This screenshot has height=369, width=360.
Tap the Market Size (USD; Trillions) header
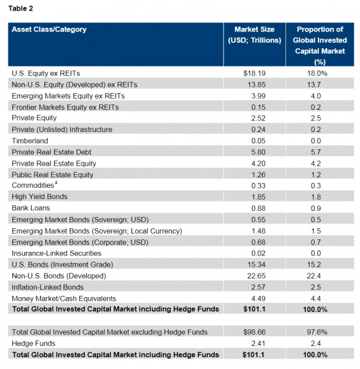[254, 35]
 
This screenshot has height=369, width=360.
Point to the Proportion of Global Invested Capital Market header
[320, 45]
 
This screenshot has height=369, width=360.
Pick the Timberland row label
[30, 141]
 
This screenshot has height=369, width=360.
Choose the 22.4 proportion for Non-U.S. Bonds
[320, 276]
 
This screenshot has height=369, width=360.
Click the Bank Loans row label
[31, 208]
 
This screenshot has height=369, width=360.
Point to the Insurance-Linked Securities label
[56, 253]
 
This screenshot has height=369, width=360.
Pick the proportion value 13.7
[320, 84]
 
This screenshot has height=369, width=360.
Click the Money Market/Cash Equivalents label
[65, 298]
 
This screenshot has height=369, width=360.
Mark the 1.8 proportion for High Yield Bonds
[320, 197]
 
